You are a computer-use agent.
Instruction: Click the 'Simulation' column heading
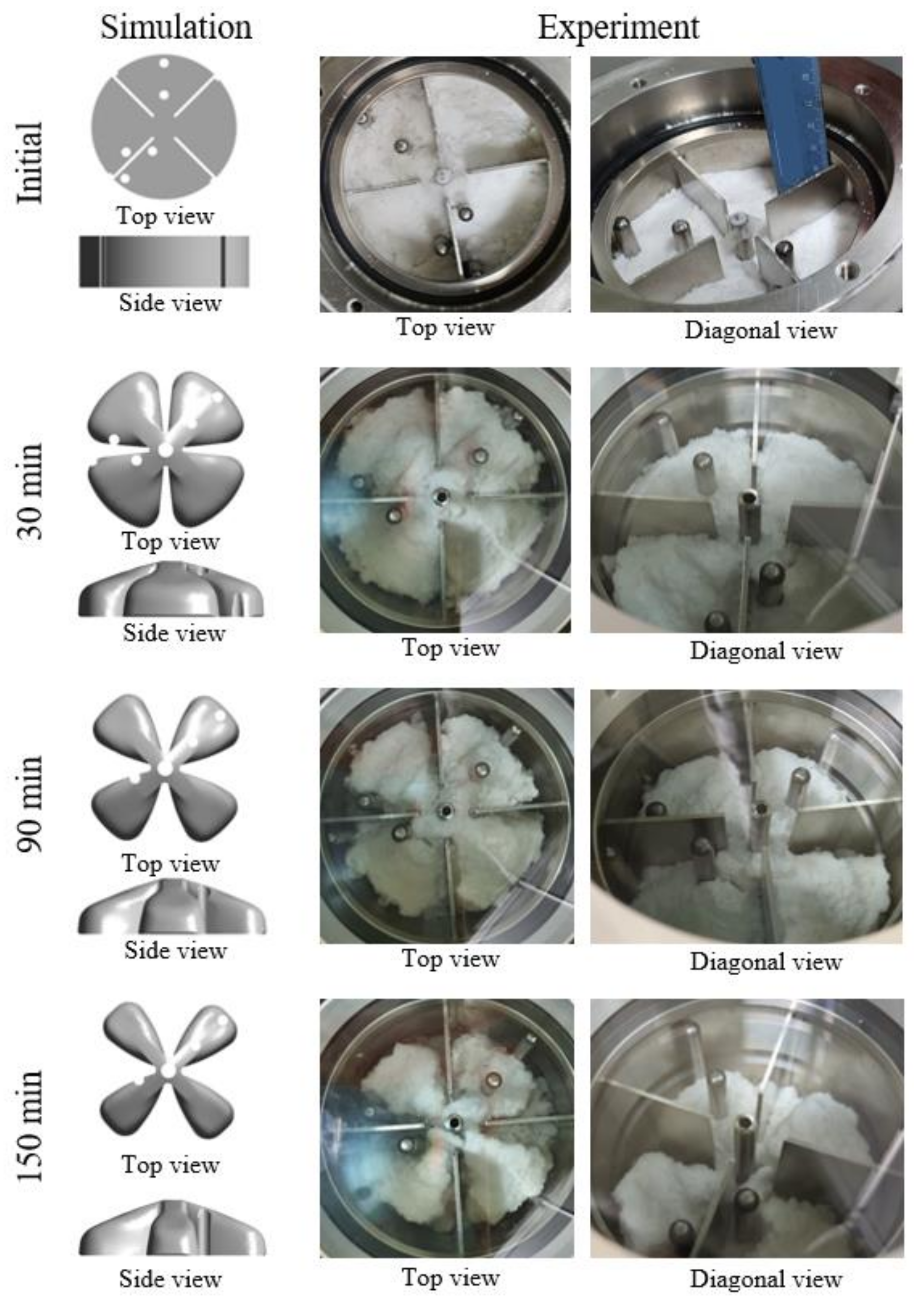point(176,27)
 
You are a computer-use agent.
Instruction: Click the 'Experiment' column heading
point(618,27)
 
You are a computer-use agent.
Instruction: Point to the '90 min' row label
point(29,803)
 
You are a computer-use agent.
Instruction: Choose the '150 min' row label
point(29,1126)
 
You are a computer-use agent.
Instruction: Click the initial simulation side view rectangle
point(164,261)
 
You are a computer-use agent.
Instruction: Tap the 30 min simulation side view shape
point(171,589)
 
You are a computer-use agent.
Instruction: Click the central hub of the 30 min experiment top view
point(440,497)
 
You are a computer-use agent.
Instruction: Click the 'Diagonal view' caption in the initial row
point(761,330)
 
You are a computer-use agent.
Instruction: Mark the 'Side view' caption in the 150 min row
point(170,1279)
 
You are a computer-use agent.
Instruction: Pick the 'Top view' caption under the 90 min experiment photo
point(451,959)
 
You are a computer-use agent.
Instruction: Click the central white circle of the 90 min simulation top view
point(165,768)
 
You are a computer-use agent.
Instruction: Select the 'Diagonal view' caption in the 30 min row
point(766,651)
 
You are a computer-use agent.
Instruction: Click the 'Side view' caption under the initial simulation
point(170,303)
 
